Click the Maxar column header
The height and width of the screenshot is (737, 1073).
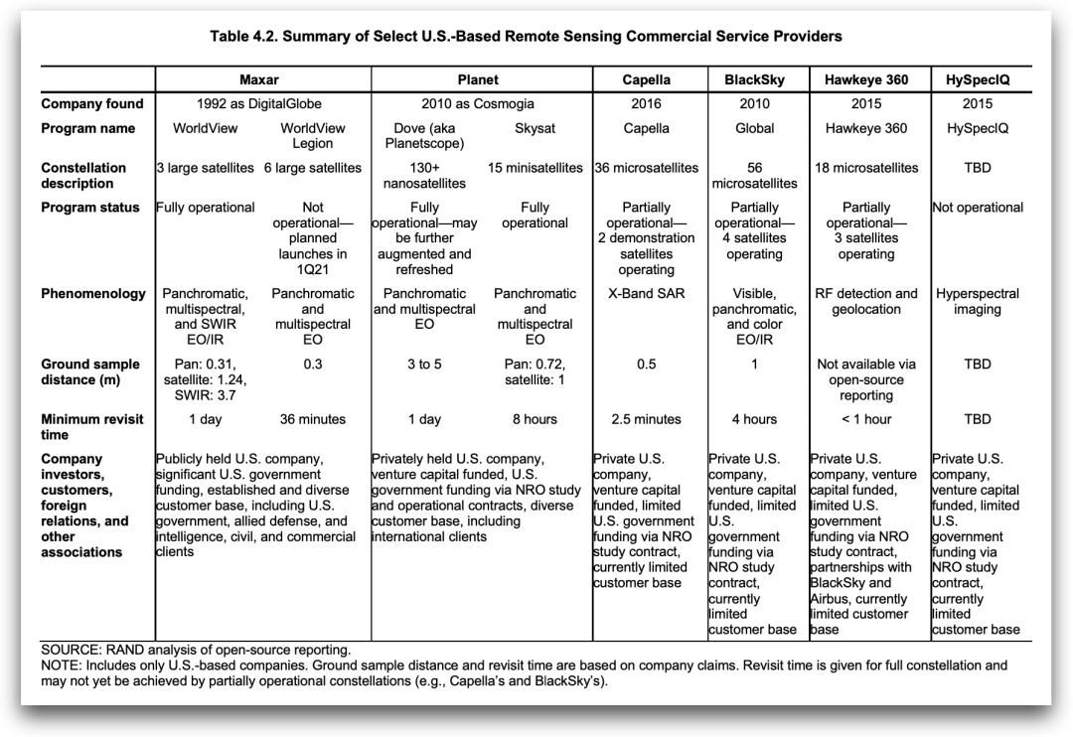pyautogui.click(x=259, y=79)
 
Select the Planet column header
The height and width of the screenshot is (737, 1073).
pyautogui.click(x=478, y=79)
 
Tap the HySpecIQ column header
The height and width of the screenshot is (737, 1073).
pyautogui.click(x=978, y=79)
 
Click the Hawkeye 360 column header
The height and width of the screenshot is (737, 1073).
pyautogui.click(x=866, y=79)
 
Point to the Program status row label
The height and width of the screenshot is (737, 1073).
pyautogui.click(x=90, y=208)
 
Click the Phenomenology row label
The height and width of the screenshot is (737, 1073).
pyautogui.click(x=93, y=294)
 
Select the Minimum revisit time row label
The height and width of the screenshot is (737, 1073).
pyautogui.click(x=92, y=427)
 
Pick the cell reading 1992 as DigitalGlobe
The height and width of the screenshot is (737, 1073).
pyautogui.click(x=259, y=104)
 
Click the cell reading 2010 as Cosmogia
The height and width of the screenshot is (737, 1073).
pyautogui.click(x=478, y=104)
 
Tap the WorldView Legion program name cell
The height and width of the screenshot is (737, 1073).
pyautogui.click(x=313, y=136)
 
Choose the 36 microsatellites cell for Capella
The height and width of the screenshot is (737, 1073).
pyautogui.click(x=646, y=168)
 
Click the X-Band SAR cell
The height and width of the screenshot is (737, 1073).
pyautogui.click(x=646, y=294)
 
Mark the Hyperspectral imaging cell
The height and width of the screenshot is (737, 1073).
pyautogui.click(x=978, y=302)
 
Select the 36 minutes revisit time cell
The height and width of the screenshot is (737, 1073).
pyautogui.click(x=313, y=420)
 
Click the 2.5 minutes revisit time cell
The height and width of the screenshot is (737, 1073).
pyautogui.click(x=646, y=420)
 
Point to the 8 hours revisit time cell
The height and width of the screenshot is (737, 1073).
pyautogui.click(x=535, y=420)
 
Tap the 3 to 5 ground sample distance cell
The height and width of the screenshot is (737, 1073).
pyautogui.click(x=424, y=365)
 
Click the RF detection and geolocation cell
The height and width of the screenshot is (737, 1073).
pyautogui.click(x=866, y=302)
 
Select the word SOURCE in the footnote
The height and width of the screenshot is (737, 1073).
pyautogui.click(x=71, y=650)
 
